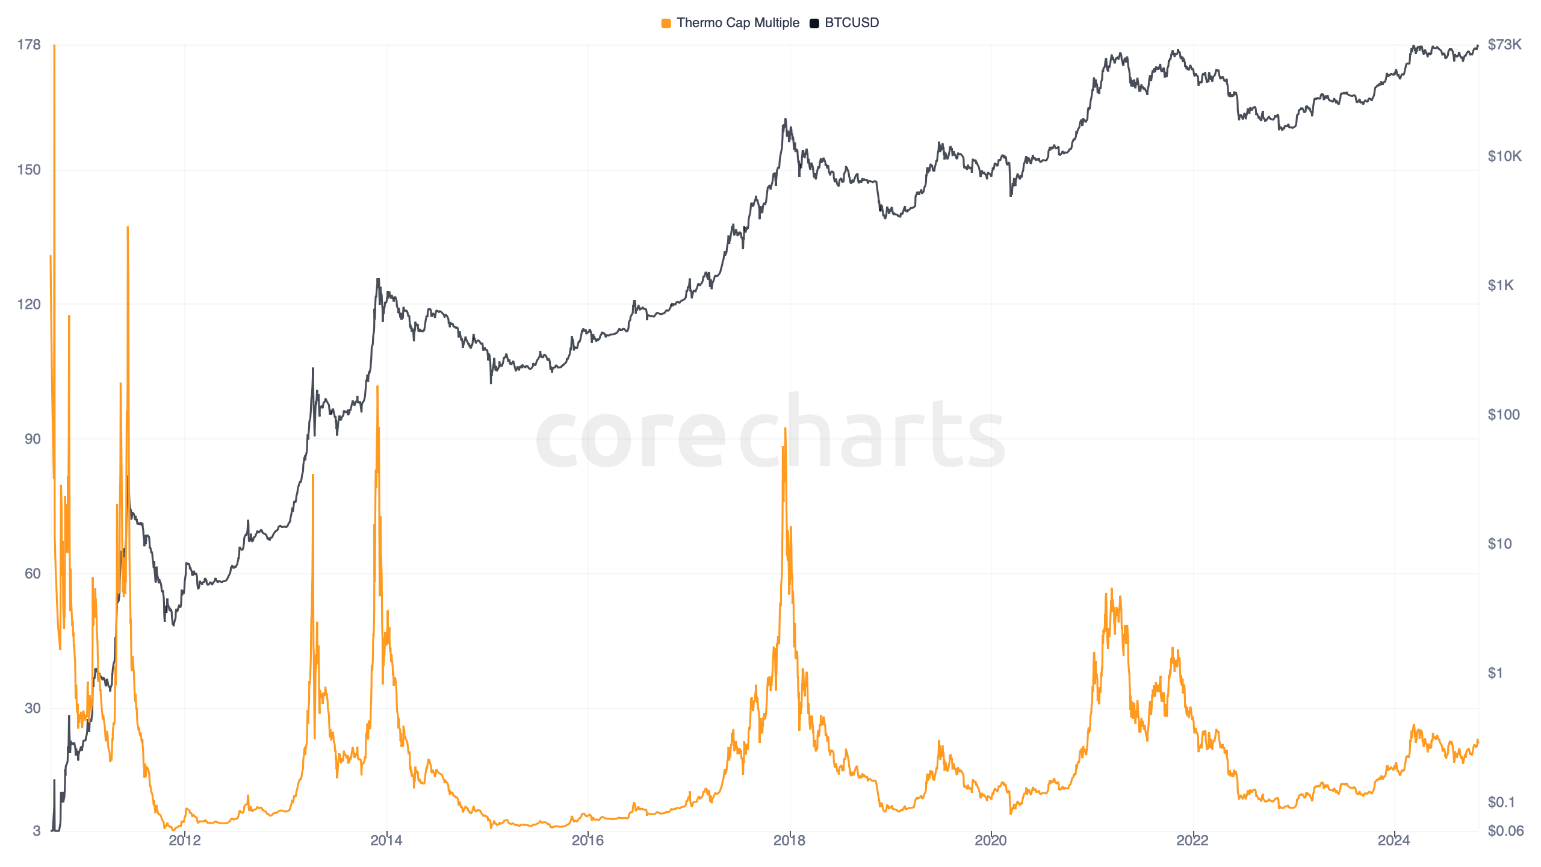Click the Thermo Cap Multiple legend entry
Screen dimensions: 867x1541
point(737,23)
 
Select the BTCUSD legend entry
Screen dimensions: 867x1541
point(851,23)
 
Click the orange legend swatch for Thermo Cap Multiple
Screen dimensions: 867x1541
point(666,23)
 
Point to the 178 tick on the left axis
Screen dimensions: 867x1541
point(29,45)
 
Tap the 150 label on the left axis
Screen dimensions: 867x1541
point(29,170)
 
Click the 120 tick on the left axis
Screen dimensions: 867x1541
point(29,304)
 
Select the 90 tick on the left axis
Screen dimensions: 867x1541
point(33,439)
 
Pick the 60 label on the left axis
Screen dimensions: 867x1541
point(33,573)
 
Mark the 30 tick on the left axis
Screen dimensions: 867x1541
point(33,708)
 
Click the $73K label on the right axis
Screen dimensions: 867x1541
point(1504,45)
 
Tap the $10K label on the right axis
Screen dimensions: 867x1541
point(1504,157)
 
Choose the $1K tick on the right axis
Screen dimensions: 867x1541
point(1500,285)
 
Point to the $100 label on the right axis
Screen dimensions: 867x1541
point(1503,415)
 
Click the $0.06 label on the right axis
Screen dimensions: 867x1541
point(1505,831)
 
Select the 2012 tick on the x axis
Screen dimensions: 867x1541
point(185,841)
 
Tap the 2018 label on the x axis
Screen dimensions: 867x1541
point(789,841)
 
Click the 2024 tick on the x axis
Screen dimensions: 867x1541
point(1394,841)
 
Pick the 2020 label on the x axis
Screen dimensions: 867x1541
point(991,841)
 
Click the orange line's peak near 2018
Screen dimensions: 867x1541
point(785,428)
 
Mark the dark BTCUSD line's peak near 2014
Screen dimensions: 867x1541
point(378,279)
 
